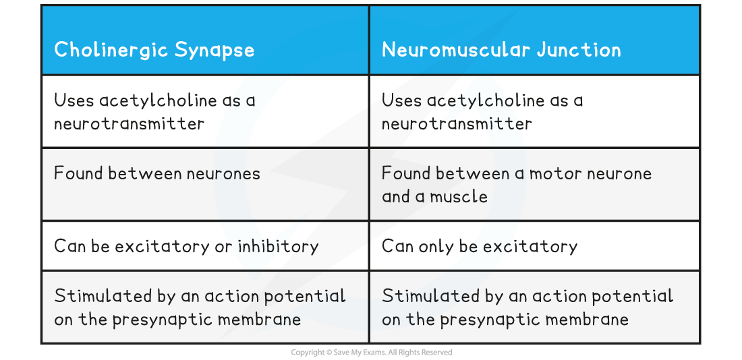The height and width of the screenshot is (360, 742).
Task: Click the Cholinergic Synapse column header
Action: pyautogui.click(x=154, y=50)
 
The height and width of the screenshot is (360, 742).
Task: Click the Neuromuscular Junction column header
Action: pyautogui.click(x=501, y=50)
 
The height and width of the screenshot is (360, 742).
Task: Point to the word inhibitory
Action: pyautogui.click(x=278, y=246)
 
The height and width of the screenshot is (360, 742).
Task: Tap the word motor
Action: pyautogui.click(x=555, y=174)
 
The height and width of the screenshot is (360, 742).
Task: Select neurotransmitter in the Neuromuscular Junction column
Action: pyautogui.click(x=457, y=124)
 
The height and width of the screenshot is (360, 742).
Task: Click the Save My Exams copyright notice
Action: pyautogui.click(x=372, y=353)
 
